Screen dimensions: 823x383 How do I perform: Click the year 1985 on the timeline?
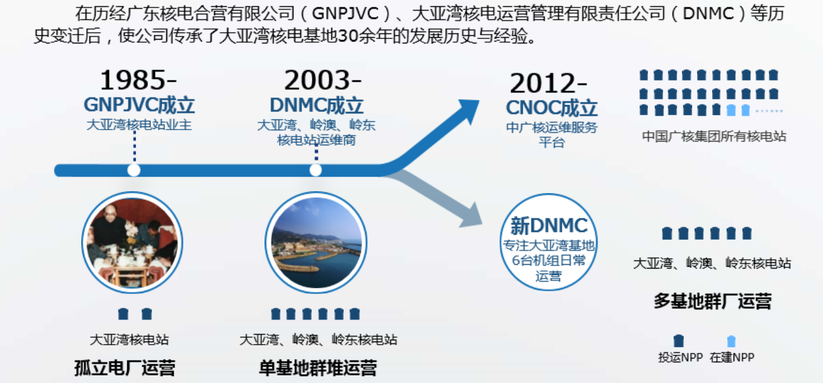click(134, 80)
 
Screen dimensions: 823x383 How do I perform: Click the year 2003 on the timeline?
click(318, 80)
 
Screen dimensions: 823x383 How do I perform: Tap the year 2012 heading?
click(544, 83)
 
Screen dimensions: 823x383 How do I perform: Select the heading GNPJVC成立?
click(139, 105)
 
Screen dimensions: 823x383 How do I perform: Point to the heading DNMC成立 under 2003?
click(317, 106)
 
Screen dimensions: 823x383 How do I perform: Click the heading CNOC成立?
click(552, 108)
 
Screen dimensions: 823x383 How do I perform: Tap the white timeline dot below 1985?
click(133, 170)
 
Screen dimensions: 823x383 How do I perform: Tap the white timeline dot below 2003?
click(315, 170)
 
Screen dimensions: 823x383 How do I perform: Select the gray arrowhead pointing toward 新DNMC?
click(471, 216)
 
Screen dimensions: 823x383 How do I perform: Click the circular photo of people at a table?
click(132, 243)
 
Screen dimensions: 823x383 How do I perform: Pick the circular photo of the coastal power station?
click(316, 243)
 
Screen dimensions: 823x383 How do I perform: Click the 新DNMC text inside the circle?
click(549, 226)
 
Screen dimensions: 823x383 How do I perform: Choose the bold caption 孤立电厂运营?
click(125, 368)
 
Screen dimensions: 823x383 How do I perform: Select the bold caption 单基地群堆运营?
click(318, 368)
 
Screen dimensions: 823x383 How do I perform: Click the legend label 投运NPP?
click(681, 357)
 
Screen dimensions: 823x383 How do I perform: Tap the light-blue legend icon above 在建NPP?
click(732, 341)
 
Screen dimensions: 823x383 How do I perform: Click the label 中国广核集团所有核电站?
click(714, 136)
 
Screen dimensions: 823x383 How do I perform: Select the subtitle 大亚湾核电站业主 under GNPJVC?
click(139, 125)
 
